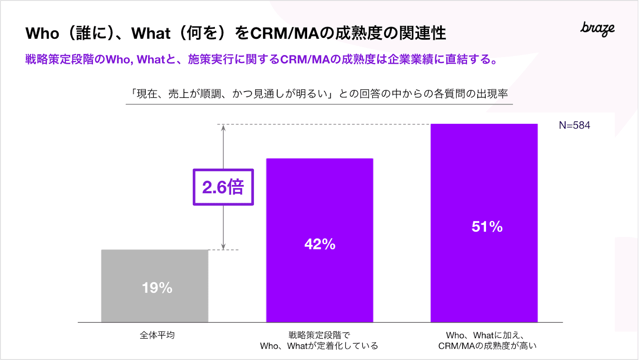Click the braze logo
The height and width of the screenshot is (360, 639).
point(597,29)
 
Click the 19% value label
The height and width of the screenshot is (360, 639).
point(157,288)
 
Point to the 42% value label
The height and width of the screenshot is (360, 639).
point(320,244)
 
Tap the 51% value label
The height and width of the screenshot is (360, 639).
point(487,227)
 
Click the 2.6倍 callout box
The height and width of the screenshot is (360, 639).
point(223,187)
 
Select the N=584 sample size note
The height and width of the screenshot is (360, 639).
point(574,125)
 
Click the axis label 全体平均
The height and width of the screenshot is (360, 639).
point(157,335)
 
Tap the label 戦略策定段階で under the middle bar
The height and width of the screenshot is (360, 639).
point(319,335)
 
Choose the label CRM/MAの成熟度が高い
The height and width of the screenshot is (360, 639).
point(487,346)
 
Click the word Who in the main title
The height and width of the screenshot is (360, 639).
point(42,34)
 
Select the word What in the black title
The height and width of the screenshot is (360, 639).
point(151,34)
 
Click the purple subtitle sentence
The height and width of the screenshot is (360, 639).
point(261,60)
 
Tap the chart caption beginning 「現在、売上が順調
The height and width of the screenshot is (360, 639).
point(319,94)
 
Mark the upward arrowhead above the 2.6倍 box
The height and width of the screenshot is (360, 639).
point(223,127)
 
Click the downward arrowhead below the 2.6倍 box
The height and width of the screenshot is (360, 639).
point(223,247)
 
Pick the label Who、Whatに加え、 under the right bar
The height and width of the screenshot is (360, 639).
point(485,335)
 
